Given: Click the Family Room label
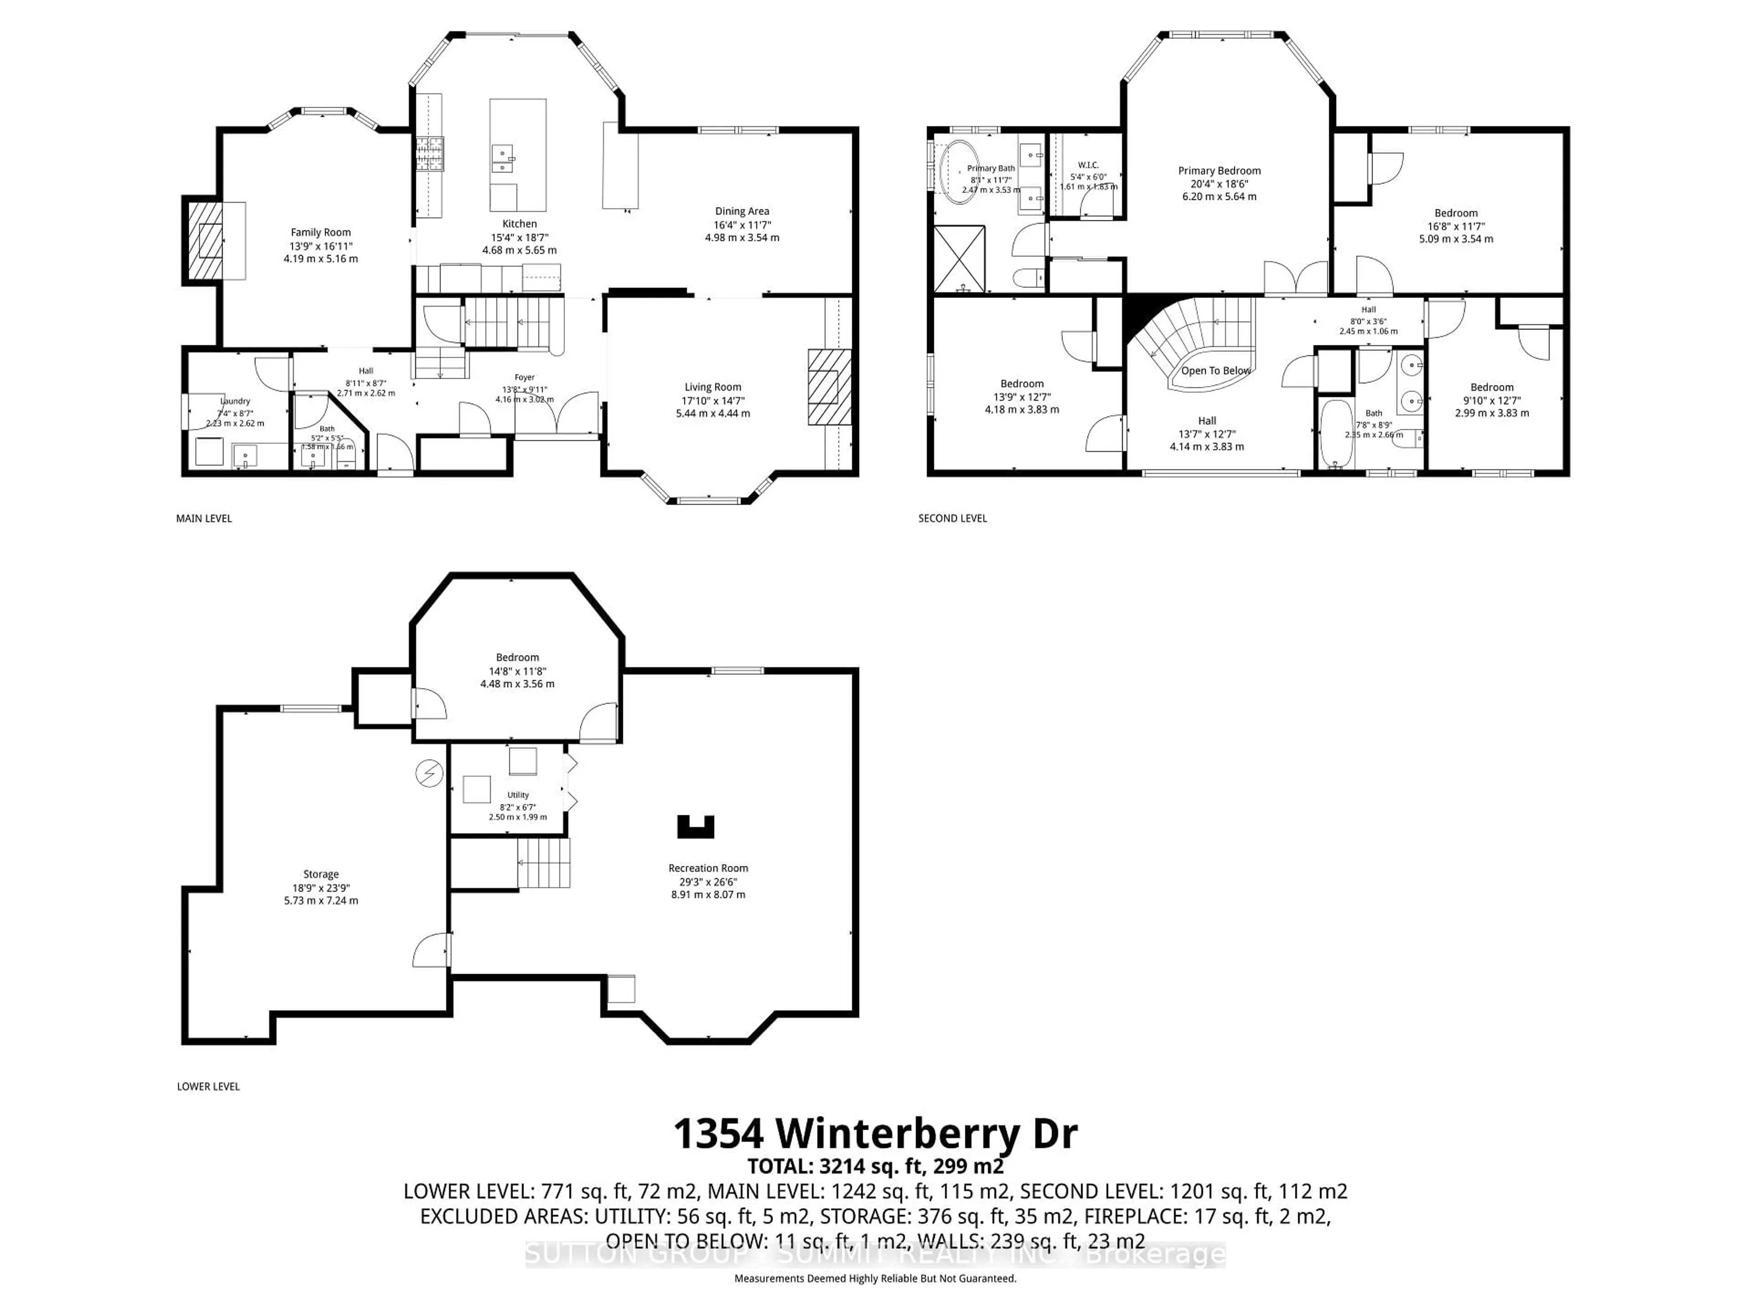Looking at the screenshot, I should (x=321, y=232).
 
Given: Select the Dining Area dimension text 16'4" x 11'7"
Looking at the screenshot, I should (x=742, y=224).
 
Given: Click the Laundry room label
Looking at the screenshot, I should (x=235, y=401).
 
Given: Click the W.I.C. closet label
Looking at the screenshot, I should (x=1088, y=165).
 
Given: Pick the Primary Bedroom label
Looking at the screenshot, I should (x=1219, y=170).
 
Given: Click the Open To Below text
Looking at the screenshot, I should (x=1216, y=370).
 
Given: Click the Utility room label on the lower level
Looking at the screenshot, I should (x=518, y=794).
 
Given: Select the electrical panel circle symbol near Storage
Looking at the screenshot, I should (x=429, y=773).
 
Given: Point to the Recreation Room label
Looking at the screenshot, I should (x=708, y=868).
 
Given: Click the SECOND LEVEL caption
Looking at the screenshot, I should (x=952, y=518).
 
